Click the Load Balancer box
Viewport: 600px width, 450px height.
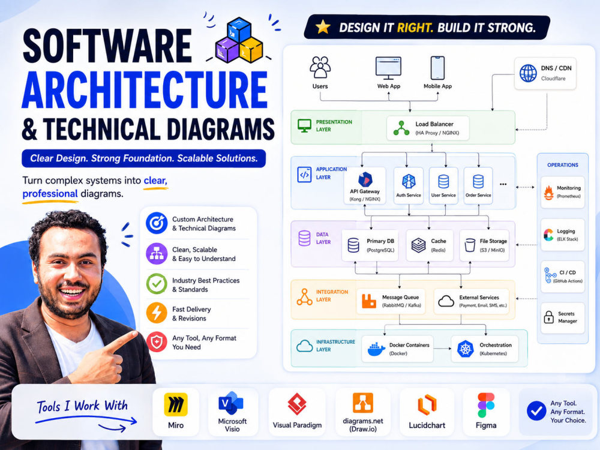pyautogui.click(x=428, y=128)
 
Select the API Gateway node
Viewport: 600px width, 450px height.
pyautogui.click(x=365, y=185)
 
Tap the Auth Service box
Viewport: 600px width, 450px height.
pyautogui.click(x=408, y=185)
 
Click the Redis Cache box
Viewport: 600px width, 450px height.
pyautogui.click(x=430, y=245)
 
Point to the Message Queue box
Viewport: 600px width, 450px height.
pyautogui.click(x=391, y=301)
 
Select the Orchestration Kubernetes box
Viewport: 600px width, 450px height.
pyautogui.click(x=485, y=349)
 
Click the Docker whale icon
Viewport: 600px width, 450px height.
pyautogui.click(x=376, y=349)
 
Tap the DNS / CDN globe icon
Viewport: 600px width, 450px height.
pyautogui.click(x=528, y=73)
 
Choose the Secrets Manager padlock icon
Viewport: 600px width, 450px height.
pyautogui.click(x=549, y=317)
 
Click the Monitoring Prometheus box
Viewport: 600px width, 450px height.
pyautogui.click(x=563, y=192)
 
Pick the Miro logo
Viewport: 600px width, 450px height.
pyautogui.click(x=176, y=404)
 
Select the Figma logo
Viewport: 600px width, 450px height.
pyautogui.click(x=486, y=405)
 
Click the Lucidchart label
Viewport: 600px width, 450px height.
pyautogui.click(x=427, y=425)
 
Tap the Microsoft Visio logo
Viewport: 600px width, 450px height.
pyautogui.click(x=231, y=403)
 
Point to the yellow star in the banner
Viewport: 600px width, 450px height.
pyautogui.click(x=323, y=27)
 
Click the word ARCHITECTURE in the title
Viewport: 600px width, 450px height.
pyautogui.click(x=145, y=91)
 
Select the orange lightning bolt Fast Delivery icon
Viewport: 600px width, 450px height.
pyautogui.click(x=157, y=313)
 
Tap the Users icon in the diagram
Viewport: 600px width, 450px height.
pyautogui.click(x=320, y=67)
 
